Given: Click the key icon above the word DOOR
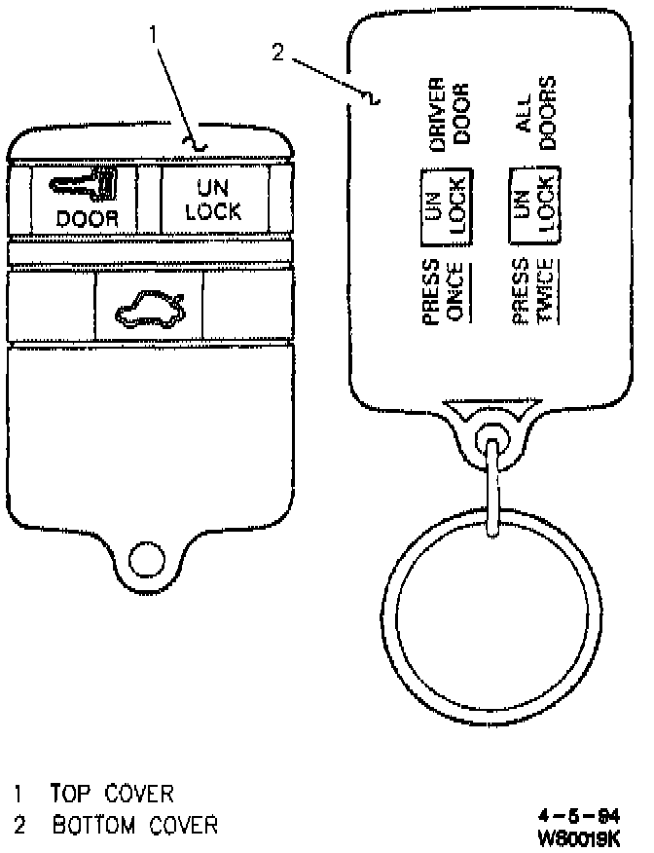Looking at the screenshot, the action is pos(86,182).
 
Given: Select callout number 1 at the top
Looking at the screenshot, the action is pos(154,34).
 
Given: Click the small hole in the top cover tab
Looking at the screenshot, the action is pos(147,558).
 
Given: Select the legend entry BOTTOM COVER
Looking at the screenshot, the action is pos(134,826).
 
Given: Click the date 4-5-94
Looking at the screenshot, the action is pos(582,815).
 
